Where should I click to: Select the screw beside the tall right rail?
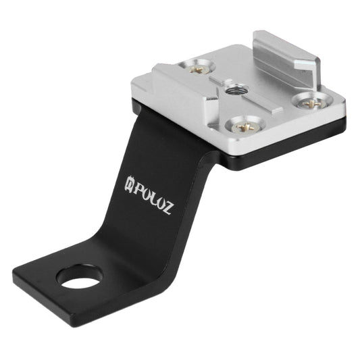(311, 103)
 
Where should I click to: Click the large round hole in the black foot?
(80, 276)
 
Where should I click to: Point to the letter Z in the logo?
(165, 206)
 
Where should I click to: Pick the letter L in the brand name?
(152, 197)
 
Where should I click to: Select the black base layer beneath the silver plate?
(284, 157)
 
